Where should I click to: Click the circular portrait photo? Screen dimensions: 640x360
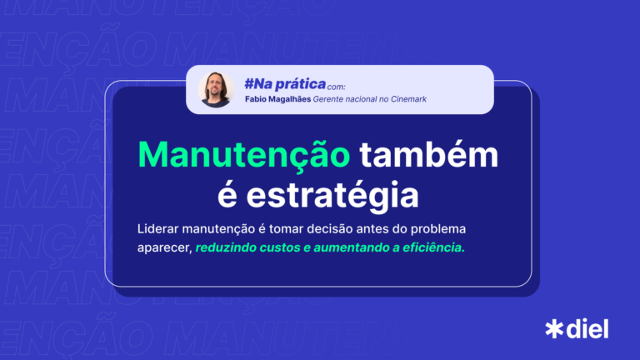click(x=216, y=90)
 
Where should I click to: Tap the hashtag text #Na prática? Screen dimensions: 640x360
click(x=285, y=84)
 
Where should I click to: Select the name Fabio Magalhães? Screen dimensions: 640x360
click(x=277, y=99)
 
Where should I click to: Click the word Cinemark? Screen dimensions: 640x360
click(x=408, y=99)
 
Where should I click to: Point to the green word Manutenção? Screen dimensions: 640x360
click(x=244, y=155)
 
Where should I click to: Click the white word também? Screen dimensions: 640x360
click(x=428, y=154)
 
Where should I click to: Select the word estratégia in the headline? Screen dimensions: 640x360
click(x=332, y=196)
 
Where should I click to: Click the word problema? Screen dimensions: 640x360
click(x=438, y=229)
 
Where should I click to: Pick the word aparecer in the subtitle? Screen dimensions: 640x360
click(x=164, y=248)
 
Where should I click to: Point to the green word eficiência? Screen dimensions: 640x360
click(x=433, y=247)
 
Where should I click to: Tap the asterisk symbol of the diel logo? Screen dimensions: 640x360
click(x=554, y=329)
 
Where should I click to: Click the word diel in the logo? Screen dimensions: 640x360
click(x=587, y=328)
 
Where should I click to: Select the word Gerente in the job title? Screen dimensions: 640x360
click(x=327, y=99)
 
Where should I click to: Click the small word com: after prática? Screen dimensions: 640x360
click(x=337, y=87)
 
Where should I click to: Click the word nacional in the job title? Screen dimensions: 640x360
click(x=361, y=99)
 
